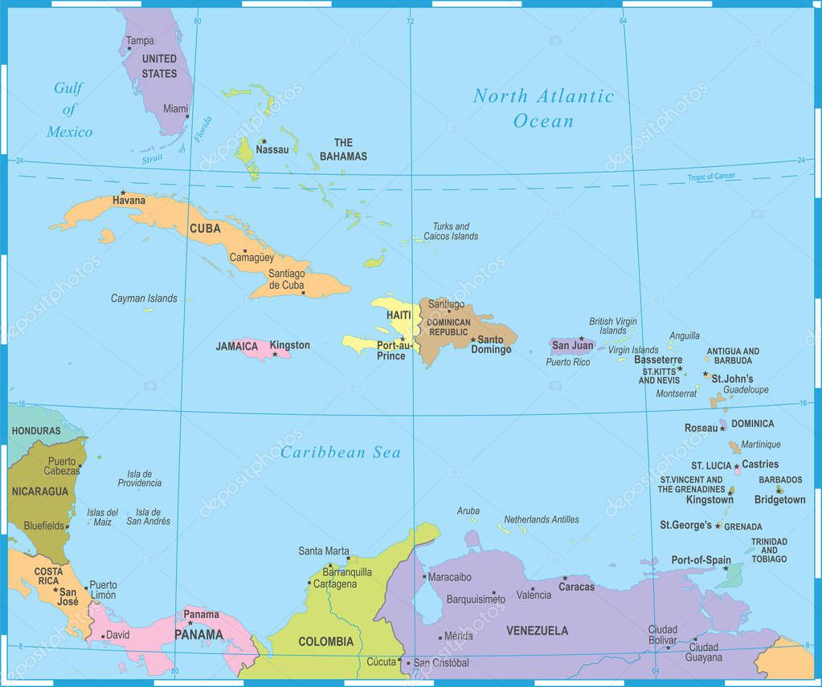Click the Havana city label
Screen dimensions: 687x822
pyautogui.click(x=129, y=201)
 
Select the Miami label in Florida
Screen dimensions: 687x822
pyautogui.click(x=175, y=108)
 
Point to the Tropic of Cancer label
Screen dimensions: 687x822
pyautogui.click(x=711, y=177)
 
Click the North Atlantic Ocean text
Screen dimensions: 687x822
pyautogui.click(x=543, y=108)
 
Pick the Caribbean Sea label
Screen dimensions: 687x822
pyautogui.click(x=340, y=453)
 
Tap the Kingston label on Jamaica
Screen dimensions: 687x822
pyautogui.click(x=289, y=346)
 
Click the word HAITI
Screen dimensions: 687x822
pyautogui.click(x=399, y=315)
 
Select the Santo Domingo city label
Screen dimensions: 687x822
pyautogui.click(x=491, y=344)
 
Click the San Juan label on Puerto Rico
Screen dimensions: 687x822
pyautogui.click(x=572, y=346)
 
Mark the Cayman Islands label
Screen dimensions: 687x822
pyautogui.click(x=144, y=299)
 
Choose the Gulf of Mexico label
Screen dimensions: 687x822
pyautogui.click(x=69, y=110)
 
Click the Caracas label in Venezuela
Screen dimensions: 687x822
pyautogui.click(x=576, y=587)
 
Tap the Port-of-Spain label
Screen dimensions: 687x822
pyautogui.click(x=701, y=560)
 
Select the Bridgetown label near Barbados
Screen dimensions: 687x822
pyautogui.click(x=779, y=500)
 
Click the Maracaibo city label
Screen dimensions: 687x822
pyautogui.click(x=449, y=576)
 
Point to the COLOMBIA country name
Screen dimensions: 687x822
pyautogui.click(x=325, y=641)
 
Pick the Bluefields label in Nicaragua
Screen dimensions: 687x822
pyautogui.click(x=43, y=526)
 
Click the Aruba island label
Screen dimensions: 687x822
pyautogui.click(x=468, y=511)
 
